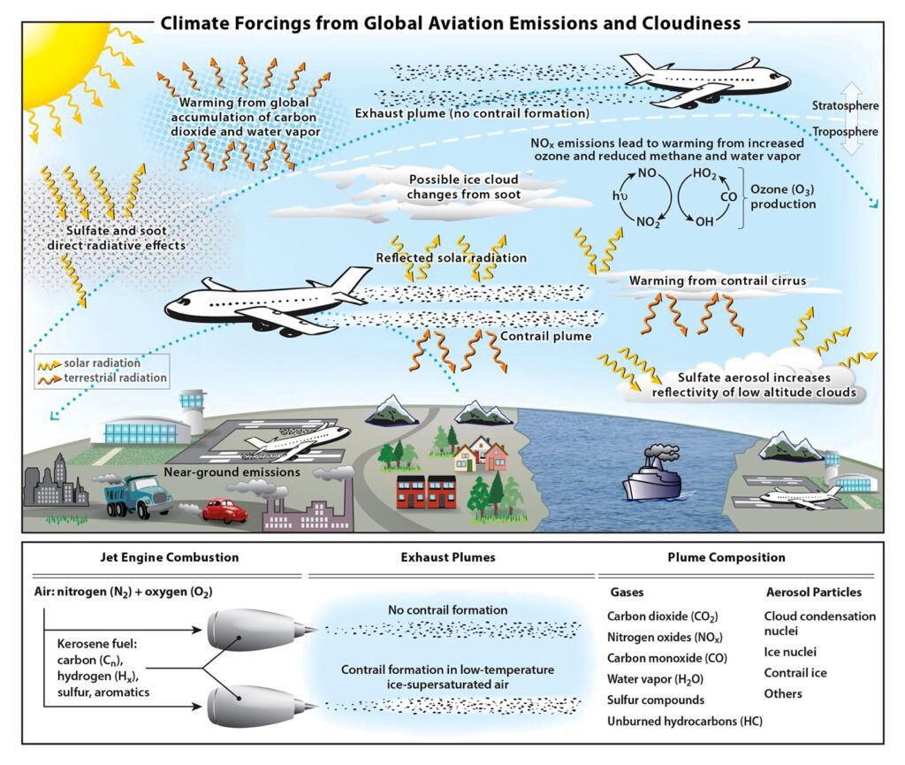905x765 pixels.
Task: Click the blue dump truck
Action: point(138,497)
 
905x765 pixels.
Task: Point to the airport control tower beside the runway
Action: point(191,409)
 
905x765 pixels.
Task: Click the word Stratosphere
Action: point(845,106)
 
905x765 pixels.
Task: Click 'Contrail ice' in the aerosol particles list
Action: point(795,673)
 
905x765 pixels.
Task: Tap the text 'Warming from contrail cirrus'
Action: point(716,281)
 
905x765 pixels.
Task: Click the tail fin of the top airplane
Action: point(639,65)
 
